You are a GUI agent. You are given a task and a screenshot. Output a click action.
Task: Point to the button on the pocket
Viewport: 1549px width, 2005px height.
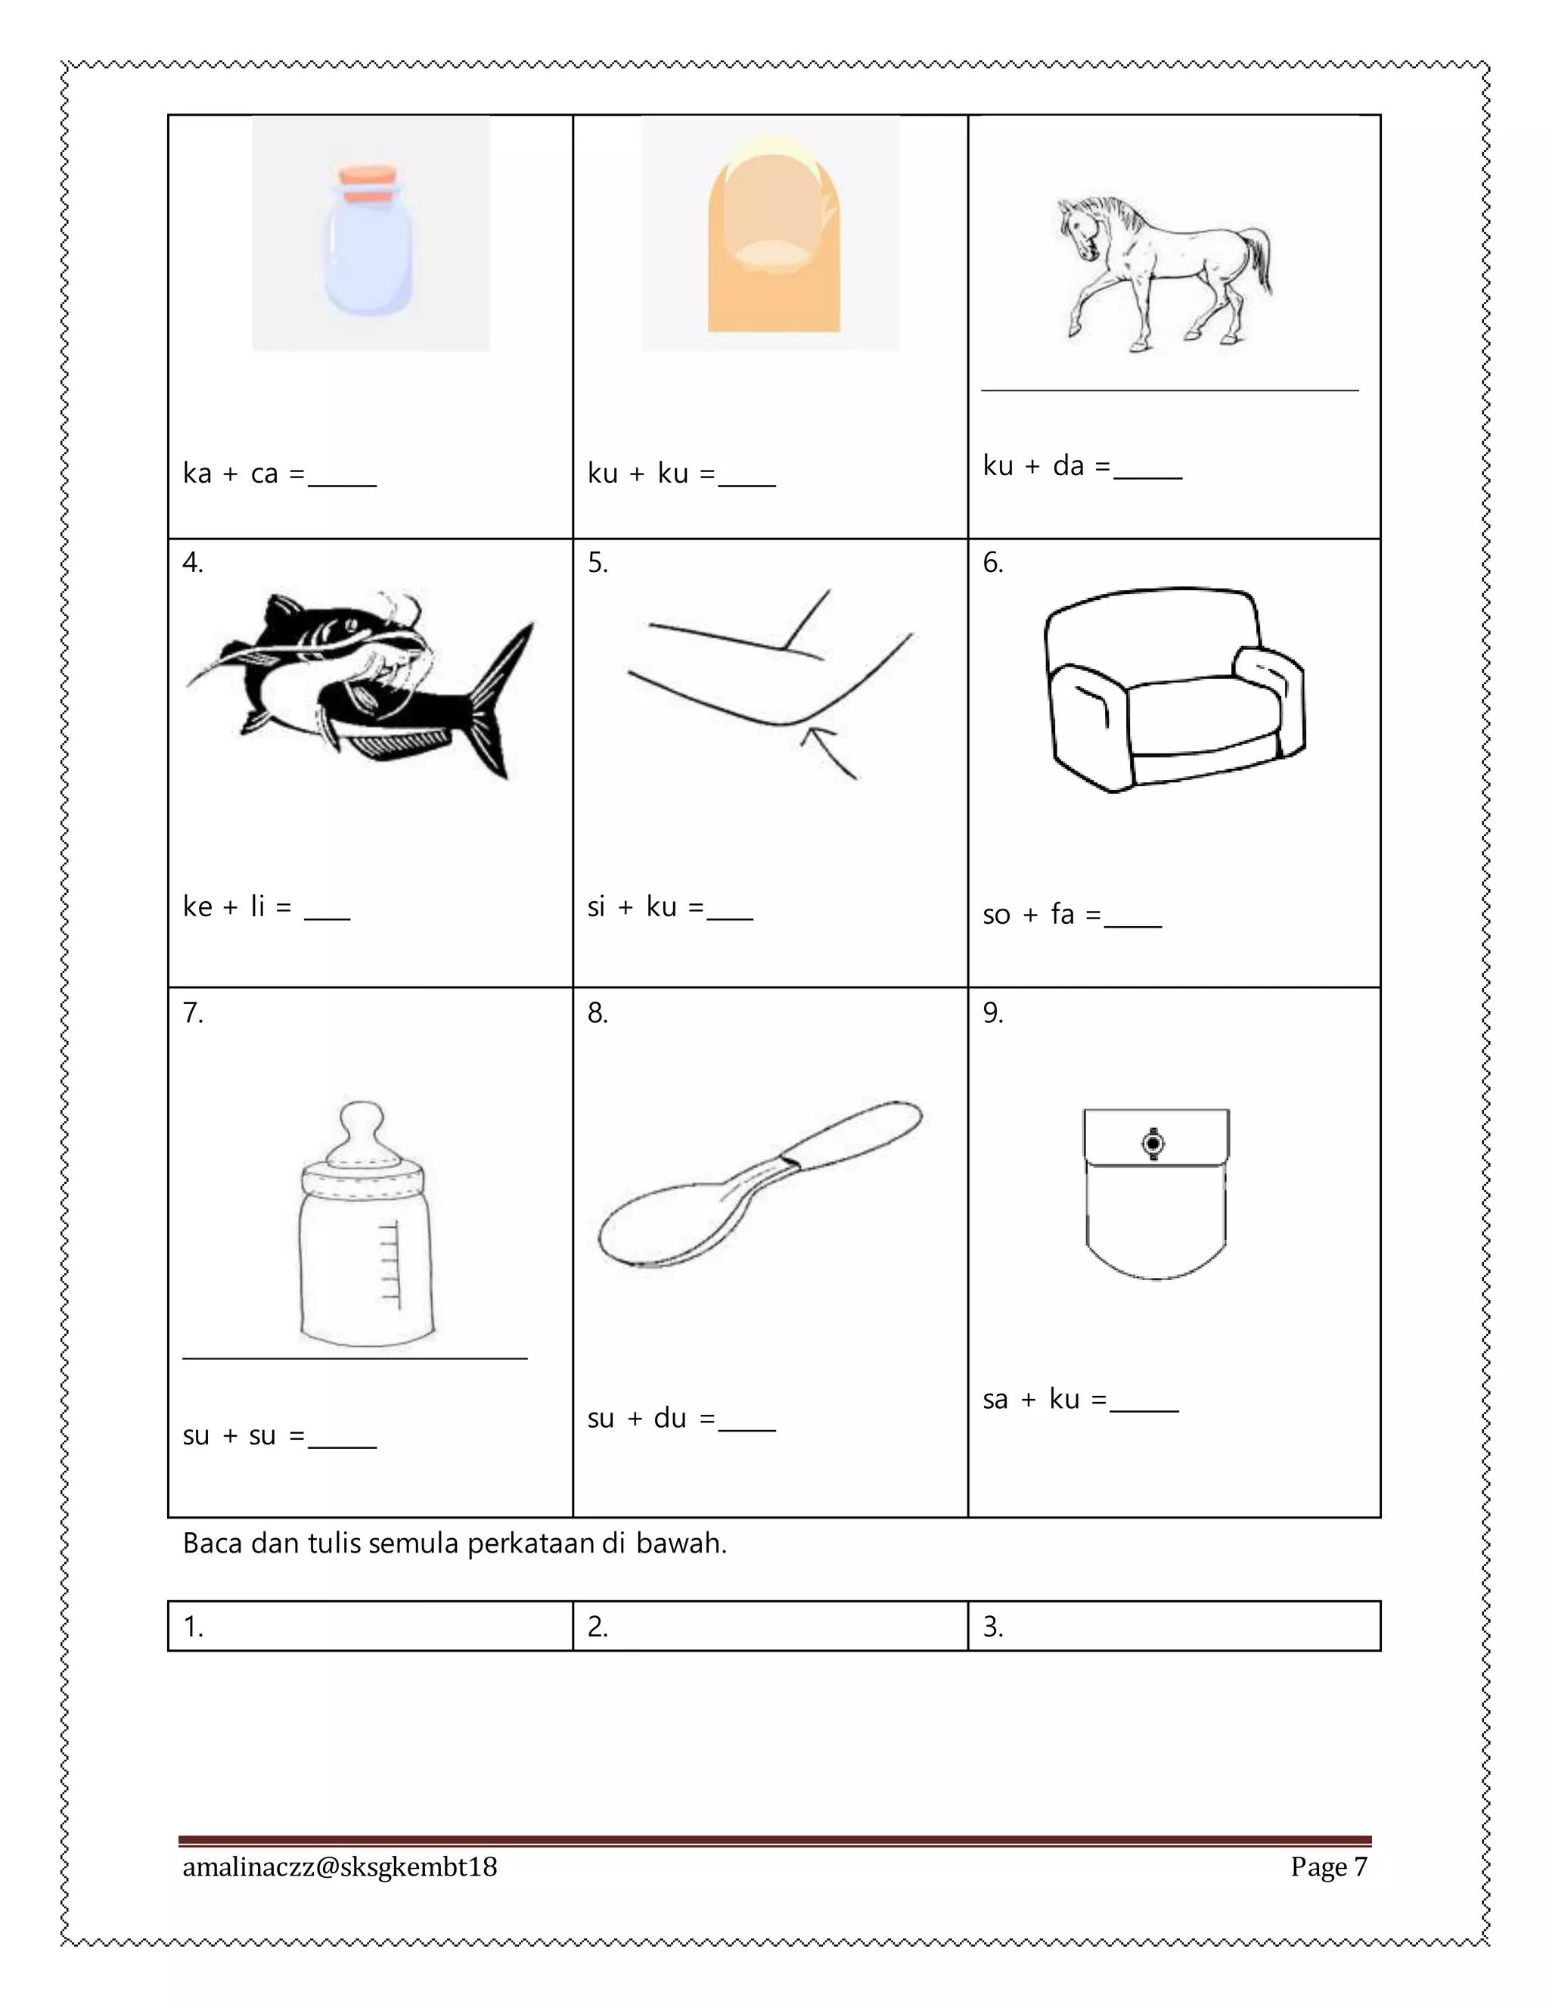pyautogui.click(x=1153, y=1143)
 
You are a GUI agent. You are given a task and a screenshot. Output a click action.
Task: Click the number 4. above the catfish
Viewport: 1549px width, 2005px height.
pyautogui.click(x=193, y=563)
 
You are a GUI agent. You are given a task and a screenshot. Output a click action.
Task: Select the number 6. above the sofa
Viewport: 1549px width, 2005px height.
pyautogui.click(x=993, y=563)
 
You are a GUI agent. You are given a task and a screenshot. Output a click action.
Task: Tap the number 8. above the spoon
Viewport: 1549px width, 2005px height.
pyautogui.click(x=598, y=1012)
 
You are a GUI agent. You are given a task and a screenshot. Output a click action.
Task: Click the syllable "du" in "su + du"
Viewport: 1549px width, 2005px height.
pyautogui.click(x=670, y=1419)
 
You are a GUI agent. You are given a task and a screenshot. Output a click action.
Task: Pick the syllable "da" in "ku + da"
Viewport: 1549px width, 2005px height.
pyautogui.click(x=1068, y=465)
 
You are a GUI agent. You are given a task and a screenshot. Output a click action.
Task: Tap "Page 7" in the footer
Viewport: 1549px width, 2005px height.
pyautogui.click(x=1328, y=1867)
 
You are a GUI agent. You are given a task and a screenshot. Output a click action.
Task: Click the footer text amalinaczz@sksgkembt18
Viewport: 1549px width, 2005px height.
pyautogui.click(x=340, y=1867)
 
